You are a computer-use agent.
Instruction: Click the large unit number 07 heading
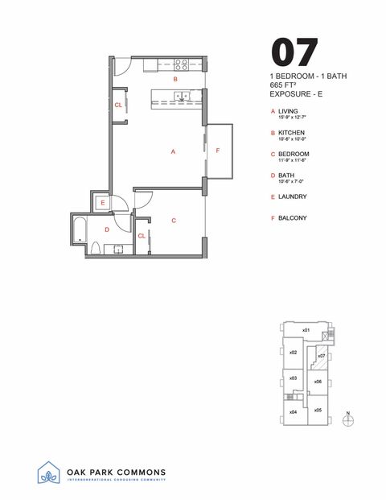294,52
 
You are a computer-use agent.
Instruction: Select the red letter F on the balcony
217,151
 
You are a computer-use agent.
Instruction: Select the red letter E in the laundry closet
103,204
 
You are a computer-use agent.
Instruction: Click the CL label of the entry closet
118,105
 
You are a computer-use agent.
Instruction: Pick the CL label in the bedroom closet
142,236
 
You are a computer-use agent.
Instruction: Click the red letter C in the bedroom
174,220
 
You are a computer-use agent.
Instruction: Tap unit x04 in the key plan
294,411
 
